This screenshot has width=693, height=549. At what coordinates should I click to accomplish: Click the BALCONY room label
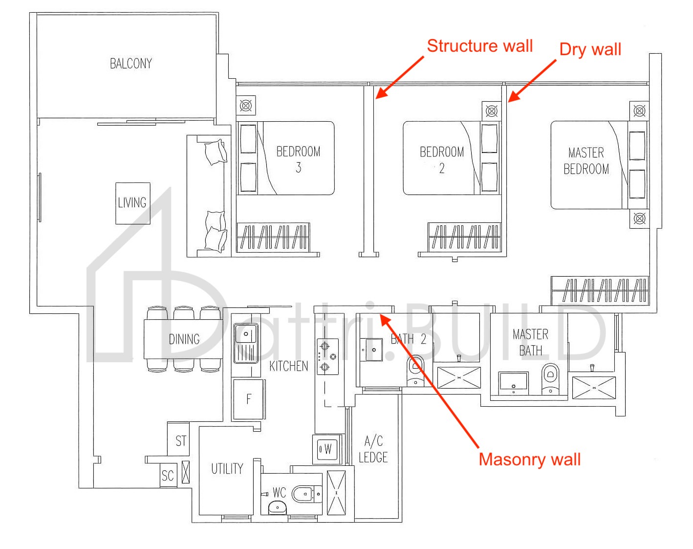click(x=130, y=64)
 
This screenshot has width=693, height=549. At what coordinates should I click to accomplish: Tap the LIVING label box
click(x=132, y=203)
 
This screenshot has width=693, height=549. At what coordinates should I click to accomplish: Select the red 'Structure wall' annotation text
click(x=479, y=46)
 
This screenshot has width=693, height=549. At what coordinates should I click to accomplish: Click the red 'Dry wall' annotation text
click(x=590, y=49)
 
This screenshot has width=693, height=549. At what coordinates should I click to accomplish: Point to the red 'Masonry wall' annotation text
click(x=529, y=460)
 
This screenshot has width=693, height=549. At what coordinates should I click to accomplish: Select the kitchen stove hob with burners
click(x=327, y=357)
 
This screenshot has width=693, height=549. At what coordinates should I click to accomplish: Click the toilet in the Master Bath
click(x=550, y=377)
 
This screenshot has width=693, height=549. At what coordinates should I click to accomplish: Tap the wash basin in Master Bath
click(x=513, y=382)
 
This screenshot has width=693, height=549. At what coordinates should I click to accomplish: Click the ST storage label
click(x=181, y=441)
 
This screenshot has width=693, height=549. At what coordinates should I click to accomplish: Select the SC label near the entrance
click(x=168, y=476)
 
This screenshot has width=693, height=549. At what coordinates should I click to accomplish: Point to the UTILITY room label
click(x=227, y=469)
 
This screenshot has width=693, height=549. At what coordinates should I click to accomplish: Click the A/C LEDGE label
click(x=373, y=449)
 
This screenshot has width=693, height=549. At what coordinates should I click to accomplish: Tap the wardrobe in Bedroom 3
click(x=273, y=237)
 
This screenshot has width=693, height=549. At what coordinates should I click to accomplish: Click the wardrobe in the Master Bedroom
click(x=600, y=290)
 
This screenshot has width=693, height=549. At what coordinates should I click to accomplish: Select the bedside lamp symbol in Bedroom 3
click(x=246, y=106)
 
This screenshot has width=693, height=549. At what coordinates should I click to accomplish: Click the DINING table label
click(x=184, y=339)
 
